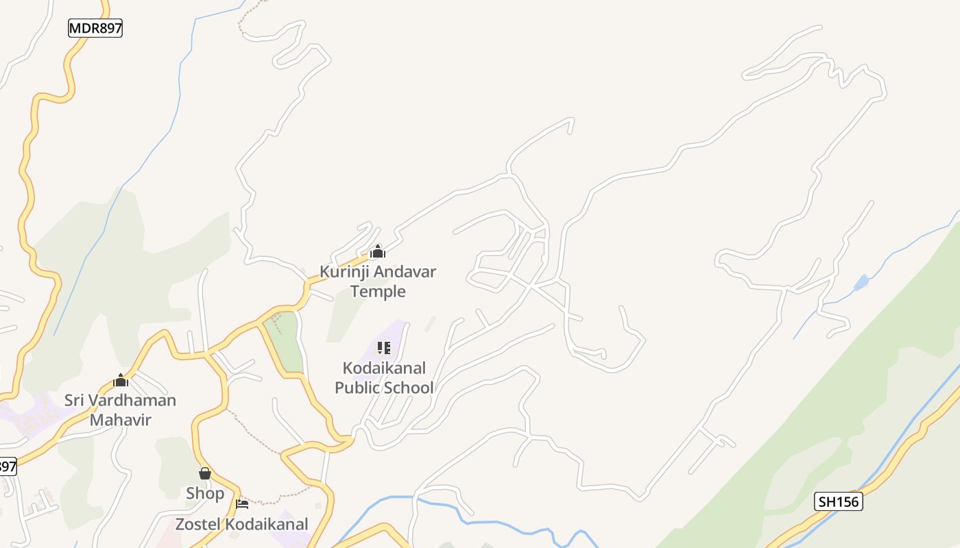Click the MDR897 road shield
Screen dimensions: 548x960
pyautogui.click(x=95, y=28)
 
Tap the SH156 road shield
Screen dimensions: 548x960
pyautogui.click(x=838, y=501)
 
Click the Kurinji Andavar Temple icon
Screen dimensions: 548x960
pyautogui.click(x=377, y=251)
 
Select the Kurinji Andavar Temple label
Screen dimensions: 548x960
pyautogui.click(x=378, y=282)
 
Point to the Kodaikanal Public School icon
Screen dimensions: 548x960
pyautogui.click(x=383, y=348)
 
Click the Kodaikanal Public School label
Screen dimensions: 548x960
pyautogui.click(x=384, y=377)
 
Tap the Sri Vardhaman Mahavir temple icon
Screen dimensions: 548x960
pyautogui.click(x=121, y=380)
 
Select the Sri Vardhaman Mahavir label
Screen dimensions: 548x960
pyautogui.click(x=120, y=410)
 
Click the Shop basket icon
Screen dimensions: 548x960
pyautogui.click(x=204, y=473)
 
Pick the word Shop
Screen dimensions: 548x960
pyautogui.click(x=204, y=493)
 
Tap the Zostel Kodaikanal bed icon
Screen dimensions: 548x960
pyautogui.click(x=242, y=505)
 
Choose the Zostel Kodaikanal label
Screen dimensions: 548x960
pyautogui.click(x=241, y=524)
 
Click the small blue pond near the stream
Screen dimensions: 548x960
pyautogui.click(x=861, y=282)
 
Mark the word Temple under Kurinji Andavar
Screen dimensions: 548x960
pyautogui.click(x=378, y=292)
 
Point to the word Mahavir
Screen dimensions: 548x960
pyautogui.click(x=120, y=419)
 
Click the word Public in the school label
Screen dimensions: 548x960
pyautogui.click(x=358, y=388)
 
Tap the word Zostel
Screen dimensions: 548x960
pyautogui.click(x=198, y=524)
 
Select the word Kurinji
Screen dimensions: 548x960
pyautogui.click(x=344, y=272)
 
